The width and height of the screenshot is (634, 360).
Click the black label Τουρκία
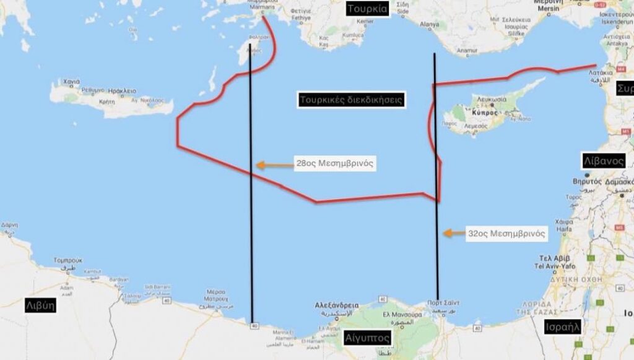[x=367, y=8]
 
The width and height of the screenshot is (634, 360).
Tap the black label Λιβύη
[x=40, y=305]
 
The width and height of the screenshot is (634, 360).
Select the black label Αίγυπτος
[x=367, y=338]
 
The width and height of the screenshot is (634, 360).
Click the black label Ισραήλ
[x=562, y=327]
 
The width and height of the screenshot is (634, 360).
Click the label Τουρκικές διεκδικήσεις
[x=352, y=99]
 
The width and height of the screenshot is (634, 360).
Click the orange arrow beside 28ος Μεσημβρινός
[x=269, y=165]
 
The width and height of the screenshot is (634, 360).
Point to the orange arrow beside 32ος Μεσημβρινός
[x=454, y=234]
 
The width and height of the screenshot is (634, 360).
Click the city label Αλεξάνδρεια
[x=337, y=305]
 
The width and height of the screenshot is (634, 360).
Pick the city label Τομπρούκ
[x=68, y=260]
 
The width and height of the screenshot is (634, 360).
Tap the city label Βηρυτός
[x=588, y=182]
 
